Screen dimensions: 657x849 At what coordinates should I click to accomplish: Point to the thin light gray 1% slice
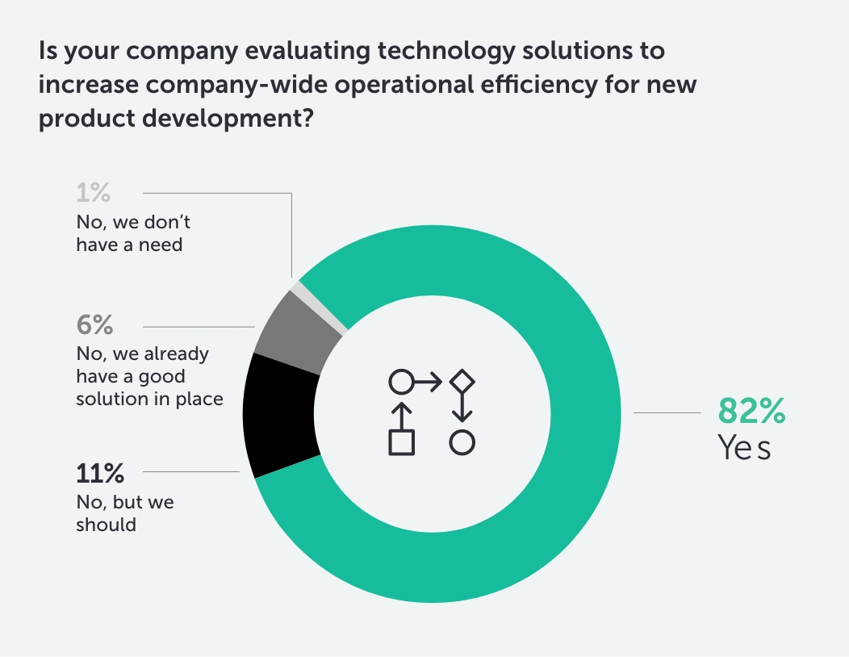point(320,306)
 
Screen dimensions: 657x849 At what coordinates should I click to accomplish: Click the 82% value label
point(751,412)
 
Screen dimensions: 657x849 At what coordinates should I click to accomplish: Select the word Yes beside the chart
point(744,448)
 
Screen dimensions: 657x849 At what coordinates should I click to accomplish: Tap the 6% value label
point(94,326)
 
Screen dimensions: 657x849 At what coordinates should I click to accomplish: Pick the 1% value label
point(93,194)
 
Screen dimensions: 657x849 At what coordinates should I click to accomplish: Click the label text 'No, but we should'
point(124,513)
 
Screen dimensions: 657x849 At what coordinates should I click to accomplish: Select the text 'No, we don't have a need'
point(133,232)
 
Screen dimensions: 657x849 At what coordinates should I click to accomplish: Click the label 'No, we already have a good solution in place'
point(149,376)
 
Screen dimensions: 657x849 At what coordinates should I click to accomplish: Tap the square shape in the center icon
point(401,442)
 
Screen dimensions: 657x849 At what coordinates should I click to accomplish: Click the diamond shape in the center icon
point(461,381)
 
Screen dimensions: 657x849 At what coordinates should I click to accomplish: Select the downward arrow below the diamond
point(461,410)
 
